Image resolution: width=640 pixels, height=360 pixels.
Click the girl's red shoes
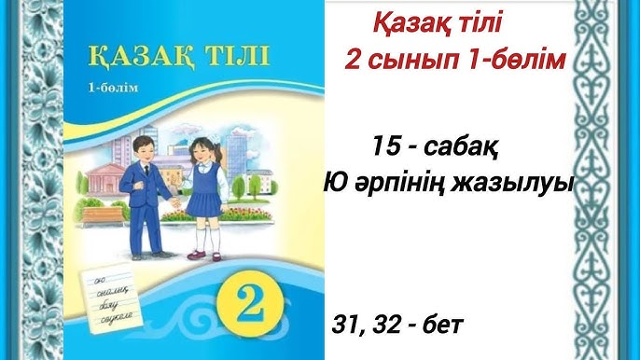(199, 253)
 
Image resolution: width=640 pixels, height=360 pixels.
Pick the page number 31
(346, 325)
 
